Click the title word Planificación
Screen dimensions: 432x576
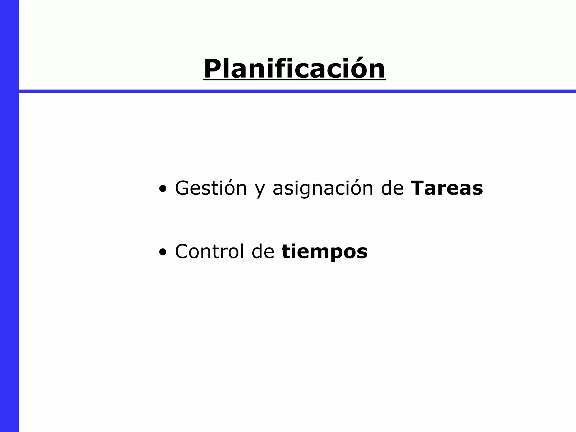point(294,69)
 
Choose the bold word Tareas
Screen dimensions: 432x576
point(447,188)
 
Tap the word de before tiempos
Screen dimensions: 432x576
point(263,251)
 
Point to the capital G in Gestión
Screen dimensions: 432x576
point(183,188)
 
